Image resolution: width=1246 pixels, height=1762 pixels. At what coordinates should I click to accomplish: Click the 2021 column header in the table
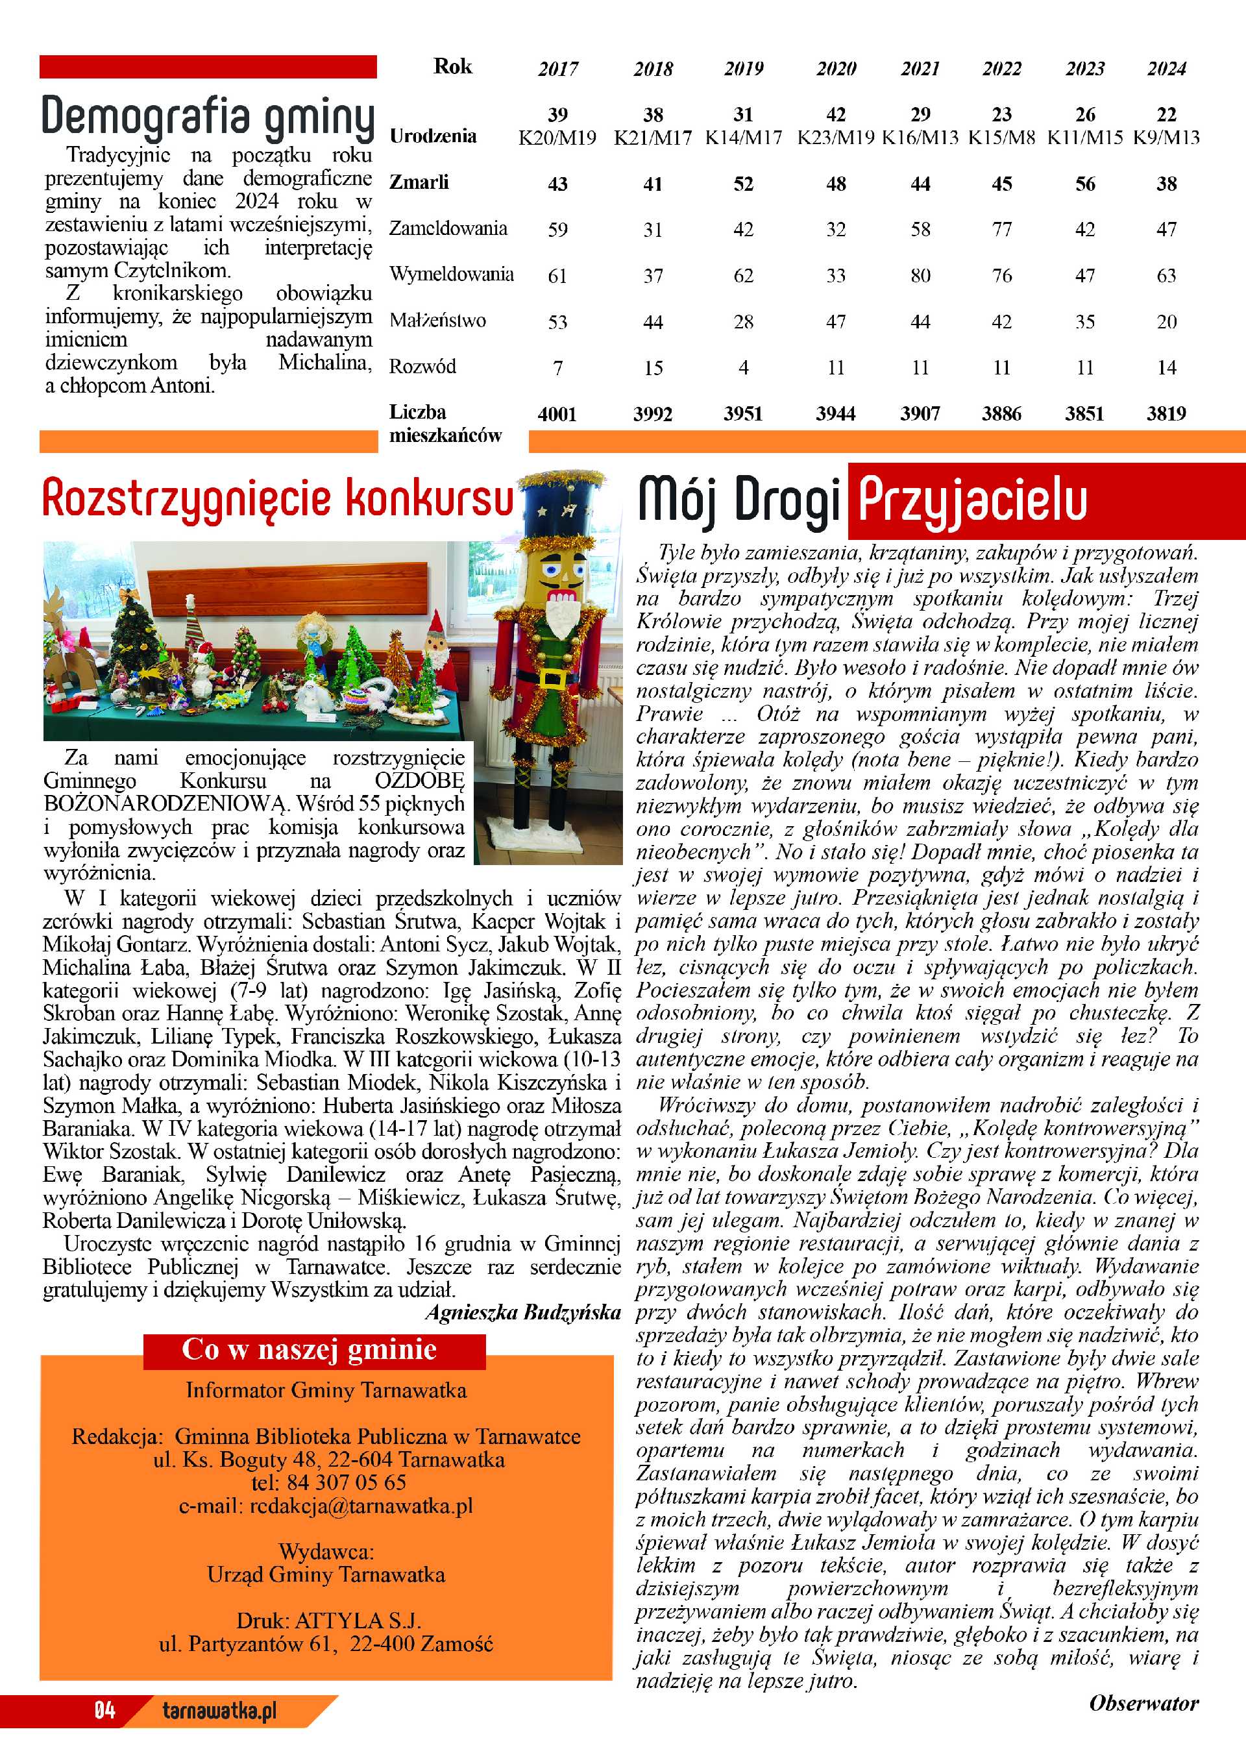(920, 69)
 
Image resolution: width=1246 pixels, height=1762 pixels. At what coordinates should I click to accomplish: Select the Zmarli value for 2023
(1085, 184)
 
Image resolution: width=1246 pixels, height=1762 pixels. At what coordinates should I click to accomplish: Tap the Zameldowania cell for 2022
(1001, 230)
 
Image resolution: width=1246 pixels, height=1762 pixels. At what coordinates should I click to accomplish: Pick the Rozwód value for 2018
(653, 369)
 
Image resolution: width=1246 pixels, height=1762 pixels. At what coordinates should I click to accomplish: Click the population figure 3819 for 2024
(1166, 415)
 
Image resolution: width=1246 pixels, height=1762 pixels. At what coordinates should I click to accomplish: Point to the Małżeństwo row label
(437, 321)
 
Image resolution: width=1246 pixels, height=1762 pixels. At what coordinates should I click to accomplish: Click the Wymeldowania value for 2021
(920, 276)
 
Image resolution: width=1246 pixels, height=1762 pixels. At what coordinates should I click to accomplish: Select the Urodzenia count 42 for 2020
(835, 115)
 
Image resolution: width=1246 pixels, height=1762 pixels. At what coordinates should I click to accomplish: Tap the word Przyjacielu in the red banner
(972, 500)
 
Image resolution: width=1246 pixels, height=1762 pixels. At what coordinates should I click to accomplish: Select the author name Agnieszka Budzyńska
(522, 1313)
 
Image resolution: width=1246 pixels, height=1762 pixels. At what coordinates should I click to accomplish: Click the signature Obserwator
(1143, 1704)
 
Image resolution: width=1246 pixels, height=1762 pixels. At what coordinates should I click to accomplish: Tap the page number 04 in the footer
(104, 1711)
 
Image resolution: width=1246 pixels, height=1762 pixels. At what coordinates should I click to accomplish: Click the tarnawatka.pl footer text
(219, 1711)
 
